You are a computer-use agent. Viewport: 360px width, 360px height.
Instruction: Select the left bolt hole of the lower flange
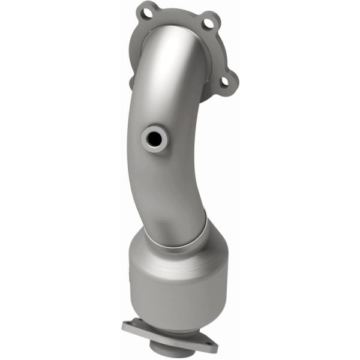pos(135,327)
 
